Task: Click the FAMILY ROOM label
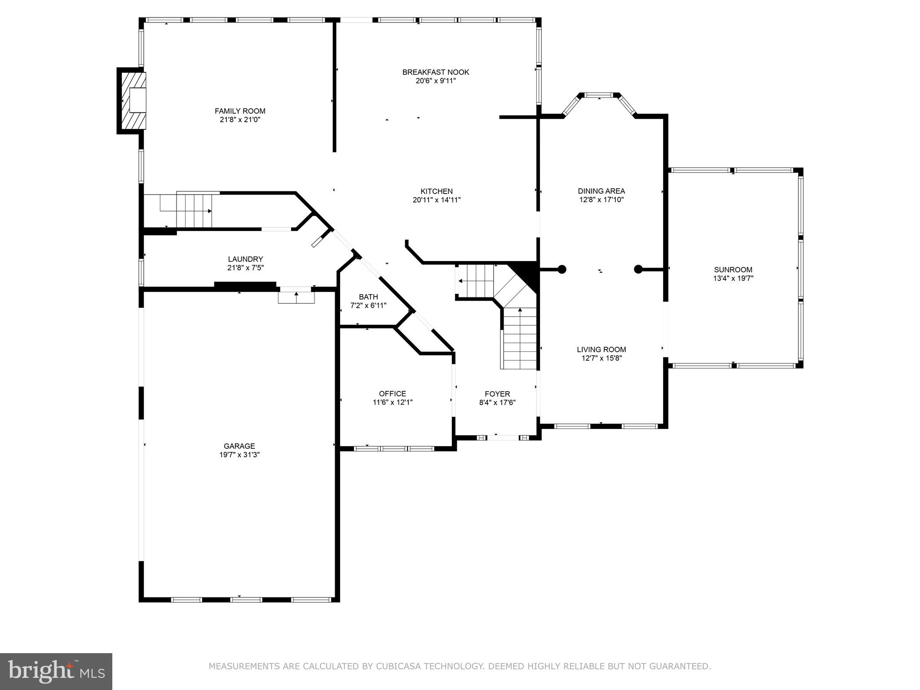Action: tap(240, 111)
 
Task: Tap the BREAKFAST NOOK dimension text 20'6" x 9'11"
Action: tap(435, 81)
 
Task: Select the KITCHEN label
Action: tap(436, 191)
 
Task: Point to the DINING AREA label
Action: tap(601, 191)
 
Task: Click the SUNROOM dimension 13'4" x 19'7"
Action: tap(733, 279)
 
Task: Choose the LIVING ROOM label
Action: tap(601, 349)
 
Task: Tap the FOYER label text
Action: tap(497, 394)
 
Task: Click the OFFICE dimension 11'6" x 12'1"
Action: tap(392, 402)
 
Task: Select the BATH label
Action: tap(368, 297)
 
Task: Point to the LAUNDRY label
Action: tap(245, 259)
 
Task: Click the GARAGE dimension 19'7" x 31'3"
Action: tap(239, 455)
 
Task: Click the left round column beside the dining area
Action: tap(562, 270)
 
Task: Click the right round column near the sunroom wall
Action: tap(638, 270)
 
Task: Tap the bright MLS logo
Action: tap(56, 672)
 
